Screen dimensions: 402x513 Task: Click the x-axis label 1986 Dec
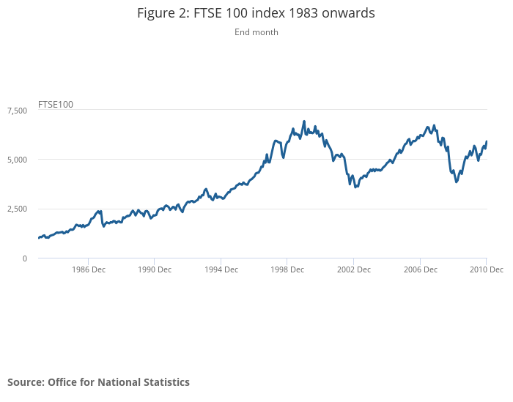click(x=88, y=269)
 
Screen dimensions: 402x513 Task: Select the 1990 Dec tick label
click(x=155, y=269)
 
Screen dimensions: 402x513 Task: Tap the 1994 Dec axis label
click(x=221, y=269)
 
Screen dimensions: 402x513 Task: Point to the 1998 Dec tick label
click(x=287, y=269)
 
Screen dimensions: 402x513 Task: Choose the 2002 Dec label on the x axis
click(x=353, y=269)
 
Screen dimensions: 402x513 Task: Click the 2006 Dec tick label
click(x=420, y=269)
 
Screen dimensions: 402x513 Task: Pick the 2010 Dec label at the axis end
click(x=486, y=269)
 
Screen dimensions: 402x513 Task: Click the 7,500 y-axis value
click(x=17, y=110)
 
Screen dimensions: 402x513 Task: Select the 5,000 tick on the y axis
click(x=17, y=160)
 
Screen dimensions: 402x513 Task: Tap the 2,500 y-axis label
click(x=17, y=209)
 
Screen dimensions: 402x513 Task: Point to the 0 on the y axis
click(x=24, y=258)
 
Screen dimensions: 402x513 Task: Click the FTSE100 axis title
click(x=56, y=105)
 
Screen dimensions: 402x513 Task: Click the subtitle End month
click(x=256, y=32)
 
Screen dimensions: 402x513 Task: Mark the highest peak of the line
click(x=304, y=122)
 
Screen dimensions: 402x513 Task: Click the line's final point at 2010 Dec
click(x=487, y=141)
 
